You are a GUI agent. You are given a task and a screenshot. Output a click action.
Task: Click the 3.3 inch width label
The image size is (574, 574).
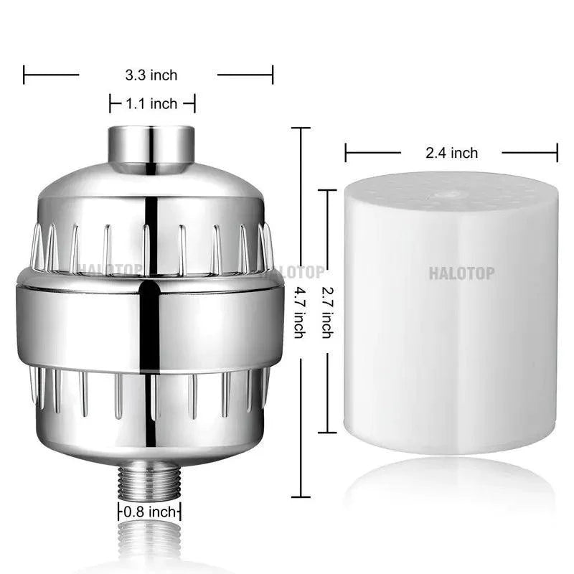(151, 75)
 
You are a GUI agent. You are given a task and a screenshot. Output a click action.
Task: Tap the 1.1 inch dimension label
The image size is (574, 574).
(151, 104)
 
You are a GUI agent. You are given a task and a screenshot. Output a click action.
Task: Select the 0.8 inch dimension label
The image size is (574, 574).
(150, 512)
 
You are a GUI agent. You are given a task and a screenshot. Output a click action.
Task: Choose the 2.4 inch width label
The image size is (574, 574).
(451, 152)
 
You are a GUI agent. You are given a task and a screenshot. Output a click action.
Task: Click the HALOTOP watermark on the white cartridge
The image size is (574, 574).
(461, 273)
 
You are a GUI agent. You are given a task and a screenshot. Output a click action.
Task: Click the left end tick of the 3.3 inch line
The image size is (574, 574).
(24, 75)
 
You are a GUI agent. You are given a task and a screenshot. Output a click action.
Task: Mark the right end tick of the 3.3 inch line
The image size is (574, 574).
(273, 75)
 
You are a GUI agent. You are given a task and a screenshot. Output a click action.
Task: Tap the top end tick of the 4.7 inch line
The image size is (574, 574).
(300, 128)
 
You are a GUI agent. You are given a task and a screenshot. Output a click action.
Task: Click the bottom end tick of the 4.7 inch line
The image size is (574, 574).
(300, 497)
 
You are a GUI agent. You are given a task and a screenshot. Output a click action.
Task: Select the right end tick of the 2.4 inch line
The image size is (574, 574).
(557, 152)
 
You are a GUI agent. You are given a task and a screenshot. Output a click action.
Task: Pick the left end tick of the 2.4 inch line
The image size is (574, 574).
(346, 152)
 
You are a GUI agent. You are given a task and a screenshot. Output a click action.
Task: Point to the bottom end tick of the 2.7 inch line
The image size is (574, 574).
(327, 433)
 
